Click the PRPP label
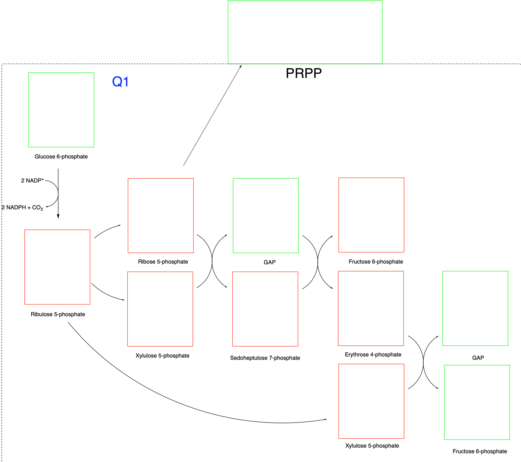(x=303, y=73)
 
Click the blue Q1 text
(x=120, y=82)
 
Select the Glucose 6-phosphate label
(x=61, y=156)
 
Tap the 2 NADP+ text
(x=32, y=180)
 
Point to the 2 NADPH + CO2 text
(x=22, y=208)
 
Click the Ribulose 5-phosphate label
(x=58, y=314)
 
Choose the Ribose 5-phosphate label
(x=163, y=262)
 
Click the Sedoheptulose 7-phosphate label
(x=265, y=358)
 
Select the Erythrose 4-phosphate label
(x=373, y=355)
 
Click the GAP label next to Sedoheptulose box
(x=270, y=262)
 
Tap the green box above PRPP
(x=305, y=32)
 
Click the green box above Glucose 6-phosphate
(x=61, y=110)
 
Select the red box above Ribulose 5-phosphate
(x=57, y=267)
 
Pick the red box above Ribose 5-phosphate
(x=161, y=216)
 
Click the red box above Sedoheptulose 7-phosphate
(x=265, y=309)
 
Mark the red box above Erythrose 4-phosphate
(x=371, y=308)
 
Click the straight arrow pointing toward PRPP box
(x=212, y=115)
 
